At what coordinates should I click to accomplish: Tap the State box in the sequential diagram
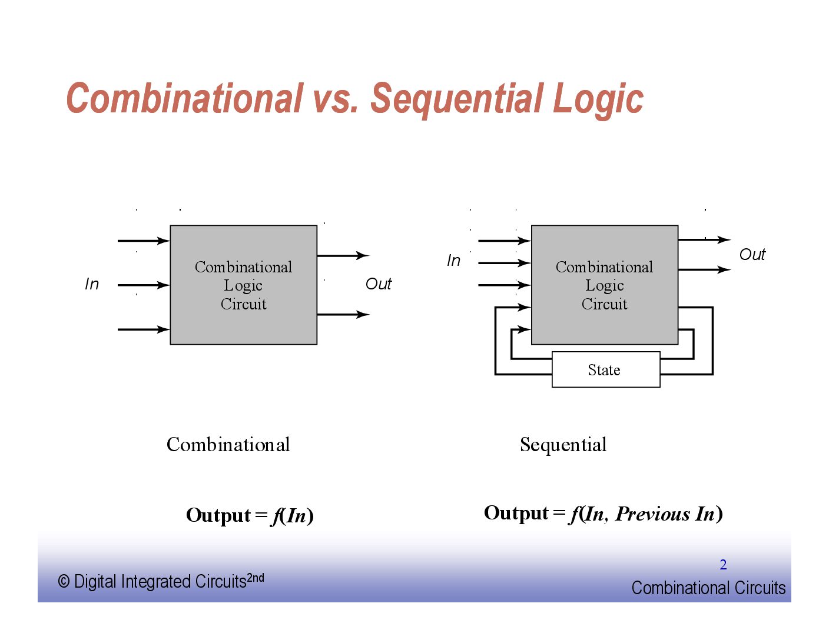pos(605,370)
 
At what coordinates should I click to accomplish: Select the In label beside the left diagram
pos(92,284)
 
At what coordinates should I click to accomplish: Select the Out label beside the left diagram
pos(379,284)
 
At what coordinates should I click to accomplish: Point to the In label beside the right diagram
pos(453,261)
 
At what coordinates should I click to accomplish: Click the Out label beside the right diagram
pos(752,255)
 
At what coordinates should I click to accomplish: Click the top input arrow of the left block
pos(143,241)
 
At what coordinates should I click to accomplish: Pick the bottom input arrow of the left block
pos(143,329)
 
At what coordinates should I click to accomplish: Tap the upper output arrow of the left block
pos(343,256)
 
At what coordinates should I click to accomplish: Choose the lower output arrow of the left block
pos(343,315)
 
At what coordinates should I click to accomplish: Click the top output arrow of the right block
pos(704,240)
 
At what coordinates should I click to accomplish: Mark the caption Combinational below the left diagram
pos(228,445)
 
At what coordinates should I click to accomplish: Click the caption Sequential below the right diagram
pos(563,445)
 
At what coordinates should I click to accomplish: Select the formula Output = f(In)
pos(250,515)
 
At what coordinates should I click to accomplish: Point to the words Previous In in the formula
pos(665,514)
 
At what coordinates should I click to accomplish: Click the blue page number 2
pos(723,565)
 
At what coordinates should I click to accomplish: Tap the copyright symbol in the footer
pos(64,582)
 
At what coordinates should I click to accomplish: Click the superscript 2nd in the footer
pos(256,578)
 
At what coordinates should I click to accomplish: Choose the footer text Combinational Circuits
pos(708,588)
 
